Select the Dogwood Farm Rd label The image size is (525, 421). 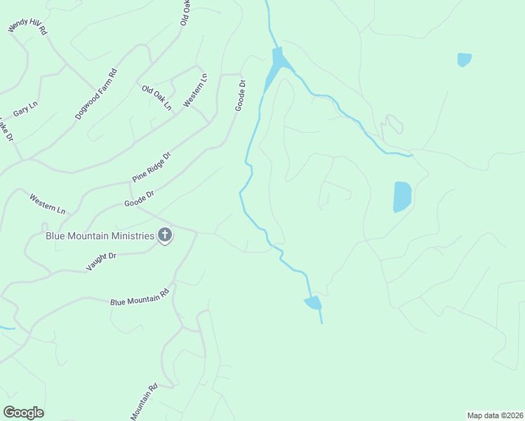[x=96, y=93]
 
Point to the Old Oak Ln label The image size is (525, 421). [x=157, y=98]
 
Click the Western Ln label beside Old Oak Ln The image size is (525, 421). [x=196, y=91]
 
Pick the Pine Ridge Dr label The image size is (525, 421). [x=152, y=168]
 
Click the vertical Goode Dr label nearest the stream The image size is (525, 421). [x=241, y=95]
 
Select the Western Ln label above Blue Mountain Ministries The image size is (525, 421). [x=47, y=204]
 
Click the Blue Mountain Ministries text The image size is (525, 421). [x=100, y=236]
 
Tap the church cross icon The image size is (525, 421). [x=165, y=235]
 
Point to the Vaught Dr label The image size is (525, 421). [x=101, y=262]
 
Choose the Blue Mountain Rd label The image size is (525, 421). [x=140, y=297]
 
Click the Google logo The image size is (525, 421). [x=23, y=413]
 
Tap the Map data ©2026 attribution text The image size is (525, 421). [x=495, y=415]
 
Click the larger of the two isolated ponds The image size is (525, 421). [x=401, y=196]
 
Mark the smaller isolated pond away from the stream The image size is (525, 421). [x=464, y=60]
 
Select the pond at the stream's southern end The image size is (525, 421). [x=313, y=302]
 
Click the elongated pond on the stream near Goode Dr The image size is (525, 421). [x=275, y=67]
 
